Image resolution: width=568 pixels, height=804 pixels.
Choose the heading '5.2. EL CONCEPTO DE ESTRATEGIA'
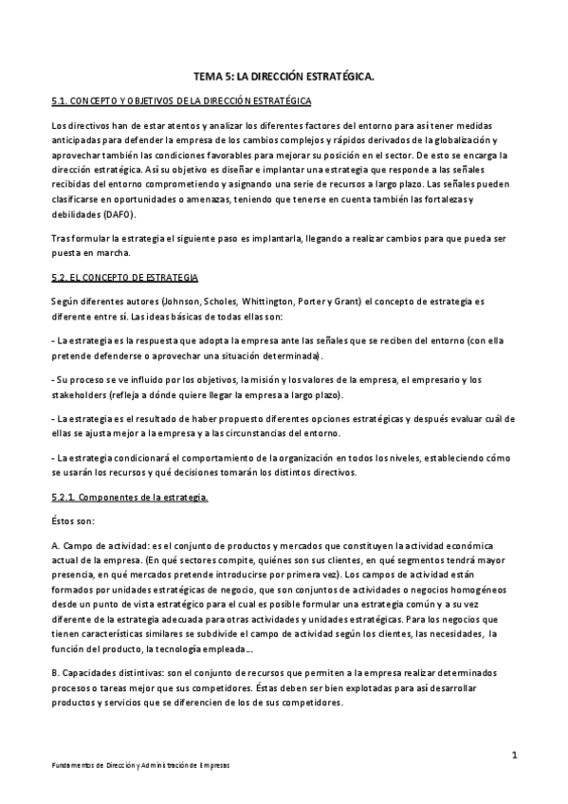click(x=124, y=277)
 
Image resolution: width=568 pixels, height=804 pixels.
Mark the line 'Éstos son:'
click(x=76, y=521)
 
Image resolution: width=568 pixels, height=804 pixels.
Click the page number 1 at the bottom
click(x=513, y=755)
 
